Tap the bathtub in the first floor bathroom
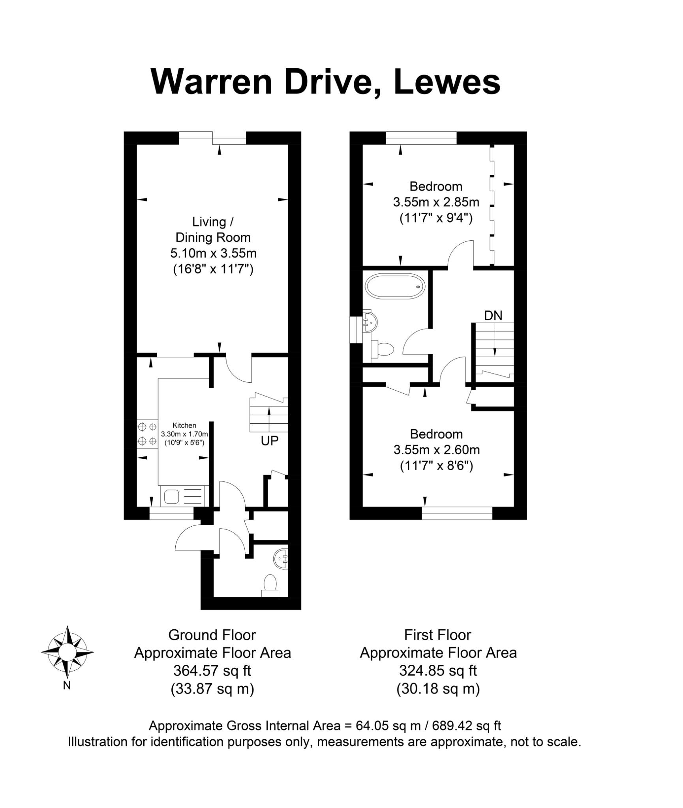[x=395, y=286]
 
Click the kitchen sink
[x=184, y=496]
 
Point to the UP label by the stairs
[x=270, y=441]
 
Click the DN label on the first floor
[x=493, y=315]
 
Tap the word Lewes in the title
[x=447, y=82]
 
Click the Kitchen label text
[x=184, y=425]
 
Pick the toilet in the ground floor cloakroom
[x=270, y=586]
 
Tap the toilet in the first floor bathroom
[x=382, y=349]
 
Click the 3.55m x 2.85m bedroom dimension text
[x=436, y=202]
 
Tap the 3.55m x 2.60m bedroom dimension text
[x=437, y=449]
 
